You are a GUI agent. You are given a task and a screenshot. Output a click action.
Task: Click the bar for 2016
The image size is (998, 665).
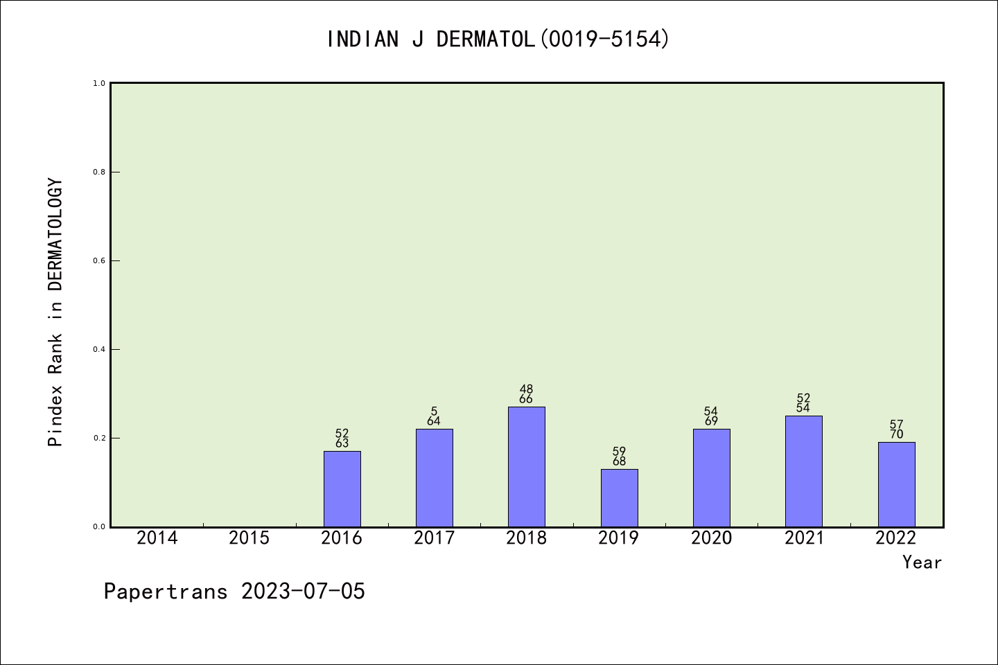(342, 489)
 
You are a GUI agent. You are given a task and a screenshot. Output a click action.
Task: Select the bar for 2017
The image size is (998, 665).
(434, 478)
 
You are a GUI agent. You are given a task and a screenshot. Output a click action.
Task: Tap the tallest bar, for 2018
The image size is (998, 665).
(526, 467)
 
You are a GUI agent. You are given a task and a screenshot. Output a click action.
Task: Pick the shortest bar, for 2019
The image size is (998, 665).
(619, 498)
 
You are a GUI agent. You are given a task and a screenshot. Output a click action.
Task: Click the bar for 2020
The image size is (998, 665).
(711, 478)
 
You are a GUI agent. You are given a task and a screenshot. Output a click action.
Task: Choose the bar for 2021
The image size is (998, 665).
(803, 471)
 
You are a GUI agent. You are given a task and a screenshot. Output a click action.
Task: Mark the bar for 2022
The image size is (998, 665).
(896, 484)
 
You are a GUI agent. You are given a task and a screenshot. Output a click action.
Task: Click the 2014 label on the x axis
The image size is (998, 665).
(157, 538)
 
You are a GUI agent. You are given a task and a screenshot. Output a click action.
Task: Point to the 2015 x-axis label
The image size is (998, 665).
(249, 538)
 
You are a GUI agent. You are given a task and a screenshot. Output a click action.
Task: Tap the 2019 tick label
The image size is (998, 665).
(619, 538)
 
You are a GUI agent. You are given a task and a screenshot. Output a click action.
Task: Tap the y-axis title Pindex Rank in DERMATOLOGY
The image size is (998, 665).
(55, 312)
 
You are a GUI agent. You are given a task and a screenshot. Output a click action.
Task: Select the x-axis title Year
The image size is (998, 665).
(922, 562)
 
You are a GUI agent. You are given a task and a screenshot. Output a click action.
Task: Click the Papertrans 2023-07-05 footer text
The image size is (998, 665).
(234, 592)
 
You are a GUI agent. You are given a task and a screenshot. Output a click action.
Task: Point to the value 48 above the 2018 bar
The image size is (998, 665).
(526, 389)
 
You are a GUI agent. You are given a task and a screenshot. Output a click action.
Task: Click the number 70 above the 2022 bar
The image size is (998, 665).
(896, 435)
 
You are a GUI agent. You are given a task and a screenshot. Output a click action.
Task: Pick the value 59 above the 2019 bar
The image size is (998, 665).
(619, 452)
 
